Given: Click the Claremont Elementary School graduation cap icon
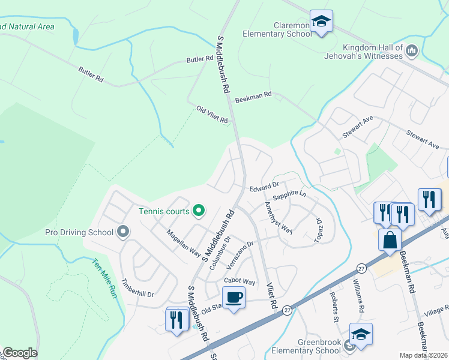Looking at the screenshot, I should (x=322, y=22).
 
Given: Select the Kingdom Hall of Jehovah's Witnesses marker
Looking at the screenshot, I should (x=412, y=52).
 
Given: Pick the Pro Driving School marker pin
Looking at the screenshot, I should (x=123, y=232).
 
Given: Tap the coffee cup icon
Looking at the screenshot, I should (x=234, y=297).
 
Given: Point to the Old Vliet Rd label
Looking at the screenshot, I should (x=212, y=115).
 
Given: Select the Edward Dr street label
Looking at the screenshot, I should (x=265, y=187).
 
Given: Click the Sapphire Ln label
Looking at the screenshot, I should (x=289, y=196).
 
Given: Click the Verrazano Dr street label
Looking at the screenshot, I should (x=242, y=254).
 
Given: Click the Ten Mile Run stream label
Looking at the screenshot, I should (x=104, y=278).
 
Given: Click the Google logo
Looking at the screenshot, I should (x=20, y=353).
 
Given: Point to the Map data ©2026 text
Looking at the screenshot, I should (x=424, y=355).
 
